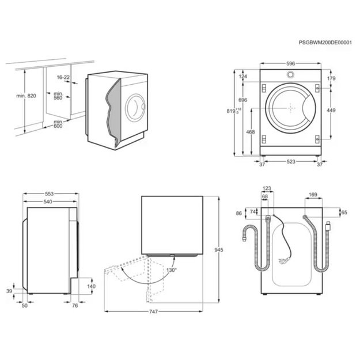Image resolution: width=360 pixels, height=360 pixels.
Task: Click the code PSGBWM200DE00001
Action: tap(326, 43)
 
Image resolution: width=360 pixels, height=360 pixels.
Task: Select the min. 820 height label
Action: tap(27, 96)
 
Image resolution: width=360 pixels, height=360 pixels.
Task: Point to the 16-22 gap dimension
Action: tap(64, 77)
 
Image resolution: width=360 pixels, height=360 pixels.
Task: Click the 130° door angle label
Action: tap(172, 270)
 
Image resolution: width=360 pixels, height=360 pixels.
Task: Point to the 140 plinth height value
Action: tap(91, 286)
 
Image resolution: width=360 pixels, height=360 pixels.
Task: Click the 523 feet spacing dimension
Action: tap(291, 162)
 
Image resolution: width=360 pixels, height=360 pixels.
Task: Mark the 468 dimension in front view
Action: tap(251, 132)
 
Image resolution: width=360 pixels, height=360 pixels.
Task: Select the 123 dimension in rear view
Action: tap(267, 189)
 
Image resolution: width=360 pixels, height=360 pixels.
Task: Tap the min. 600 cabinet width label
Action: tap(58, 124)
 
